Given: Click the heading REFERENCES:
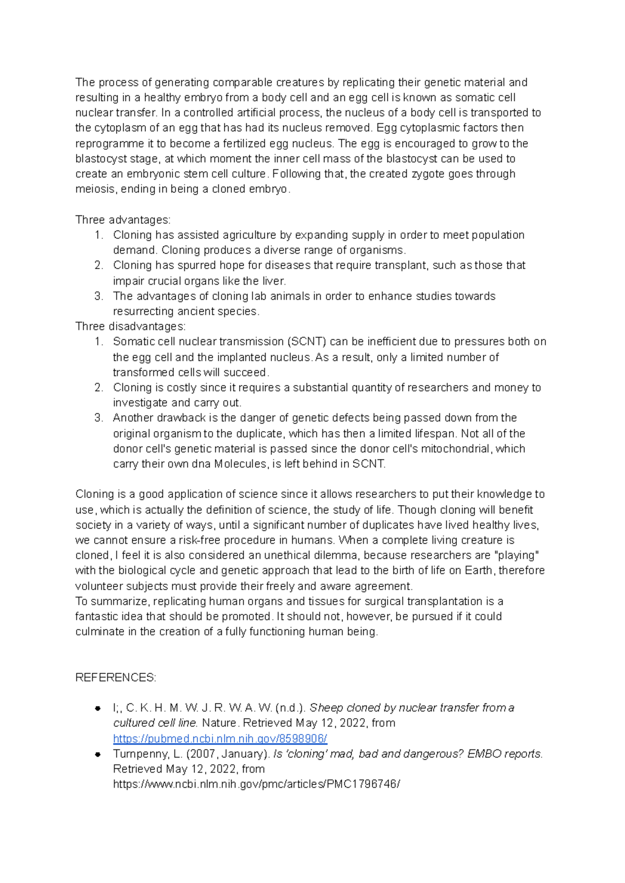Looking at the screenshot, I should point(116,678).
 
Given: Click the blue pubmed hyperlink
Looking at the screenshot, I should point(220,739).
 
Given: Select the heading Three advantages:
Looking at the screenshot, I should point(123,219).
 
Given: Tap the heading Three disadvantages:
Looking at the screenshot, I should point(130,326).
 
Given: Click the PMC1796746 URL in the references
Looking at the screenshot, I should point(256,784).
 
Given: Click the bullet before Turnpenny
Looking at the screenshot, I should point(98,754).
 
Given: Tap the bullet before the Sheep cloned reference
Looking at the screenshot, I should point(98,708).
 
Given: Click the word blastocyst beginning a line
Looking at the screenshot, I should point(98,158).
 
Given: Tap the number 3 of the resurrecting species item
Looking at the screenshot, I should point(98,296).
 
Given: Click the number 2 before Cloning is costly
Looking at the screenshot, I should point(98,388).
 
